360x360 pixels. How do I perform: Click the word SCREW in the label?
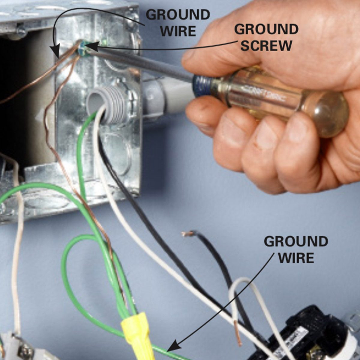click(x=266, y=46)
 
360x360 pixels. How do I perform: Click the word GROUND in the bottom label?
click(x=296, y=242)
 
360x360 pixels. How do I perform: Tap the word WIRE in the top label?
click(x=178, y=31)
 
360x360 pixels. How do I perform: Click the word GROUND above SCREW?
click(x=266, y=29)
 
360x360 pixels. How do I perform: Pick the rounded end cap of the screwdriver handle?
click(x=330, y=114)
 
